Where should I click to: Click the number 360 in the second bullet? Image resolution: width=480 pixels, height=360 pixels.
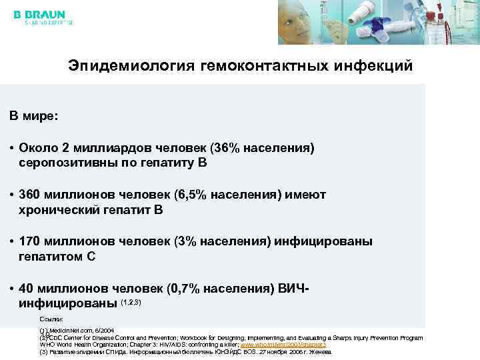click(x=31, y=194)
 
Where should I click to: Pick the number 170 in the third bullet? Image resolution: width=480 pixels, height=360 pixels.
click(x=31, y=241)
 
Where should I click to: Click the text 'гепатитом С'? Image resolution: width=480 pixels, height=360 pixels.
click(x=57, y=257)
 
